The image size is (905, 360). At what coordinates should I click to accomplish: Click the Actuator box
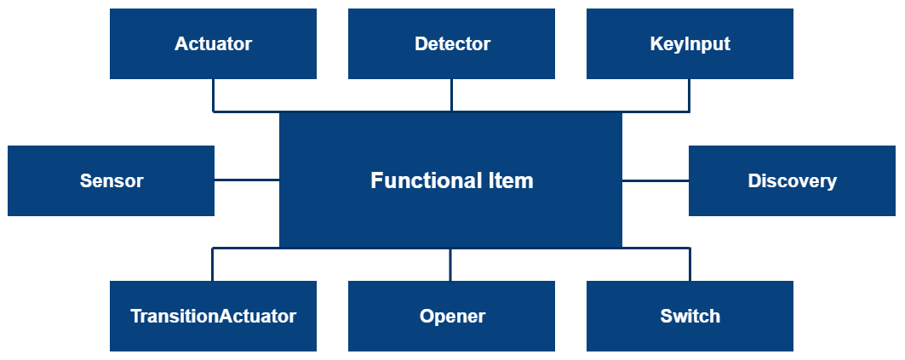click(213, 44)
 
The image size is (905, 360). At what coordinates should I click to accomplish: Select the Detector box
click(451, 44)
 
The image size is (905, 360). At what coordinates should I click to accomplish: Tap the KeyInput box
click(690, 44)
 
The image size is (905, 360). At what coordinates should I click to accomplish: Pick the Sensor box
click(111, 180)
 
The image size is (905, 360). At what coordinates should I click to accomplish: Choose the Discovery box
click(792, 180)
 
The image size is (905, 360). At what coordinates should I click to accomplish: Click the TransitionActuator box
click(213, 317)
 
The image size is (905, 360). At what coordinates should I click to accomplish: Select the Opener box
click(451, 317)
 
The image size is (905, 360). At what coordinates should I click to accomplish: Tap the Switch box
click(690, 317)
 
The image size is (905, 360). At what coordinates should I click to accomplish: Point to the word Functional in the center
click(415, 180)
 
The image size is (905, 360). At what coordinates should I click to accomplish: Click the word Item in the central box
click(511, 180)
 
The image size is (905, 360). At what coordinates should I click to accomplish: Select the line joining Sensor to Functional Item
click(247, 180)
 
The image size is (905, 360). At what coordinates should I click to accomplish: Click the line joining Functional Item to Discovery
click(655, 180)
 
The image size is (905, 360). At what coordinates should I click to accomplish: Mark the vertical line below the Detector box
click(451, 95)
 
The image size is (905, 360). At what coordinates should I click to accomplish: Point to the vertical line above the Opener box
click(450, 265)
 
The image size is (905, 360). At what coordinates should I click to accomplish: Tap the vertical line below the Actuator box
click(213, 95)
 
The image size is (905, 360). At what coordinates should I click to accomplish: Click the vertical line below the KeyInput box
click(689, 95)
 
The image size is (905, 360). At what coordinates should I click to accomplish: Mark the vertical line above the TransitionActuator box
click(213, 265)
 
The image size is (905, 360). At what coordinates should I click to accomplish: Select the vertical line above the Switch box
click(690, 265)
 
